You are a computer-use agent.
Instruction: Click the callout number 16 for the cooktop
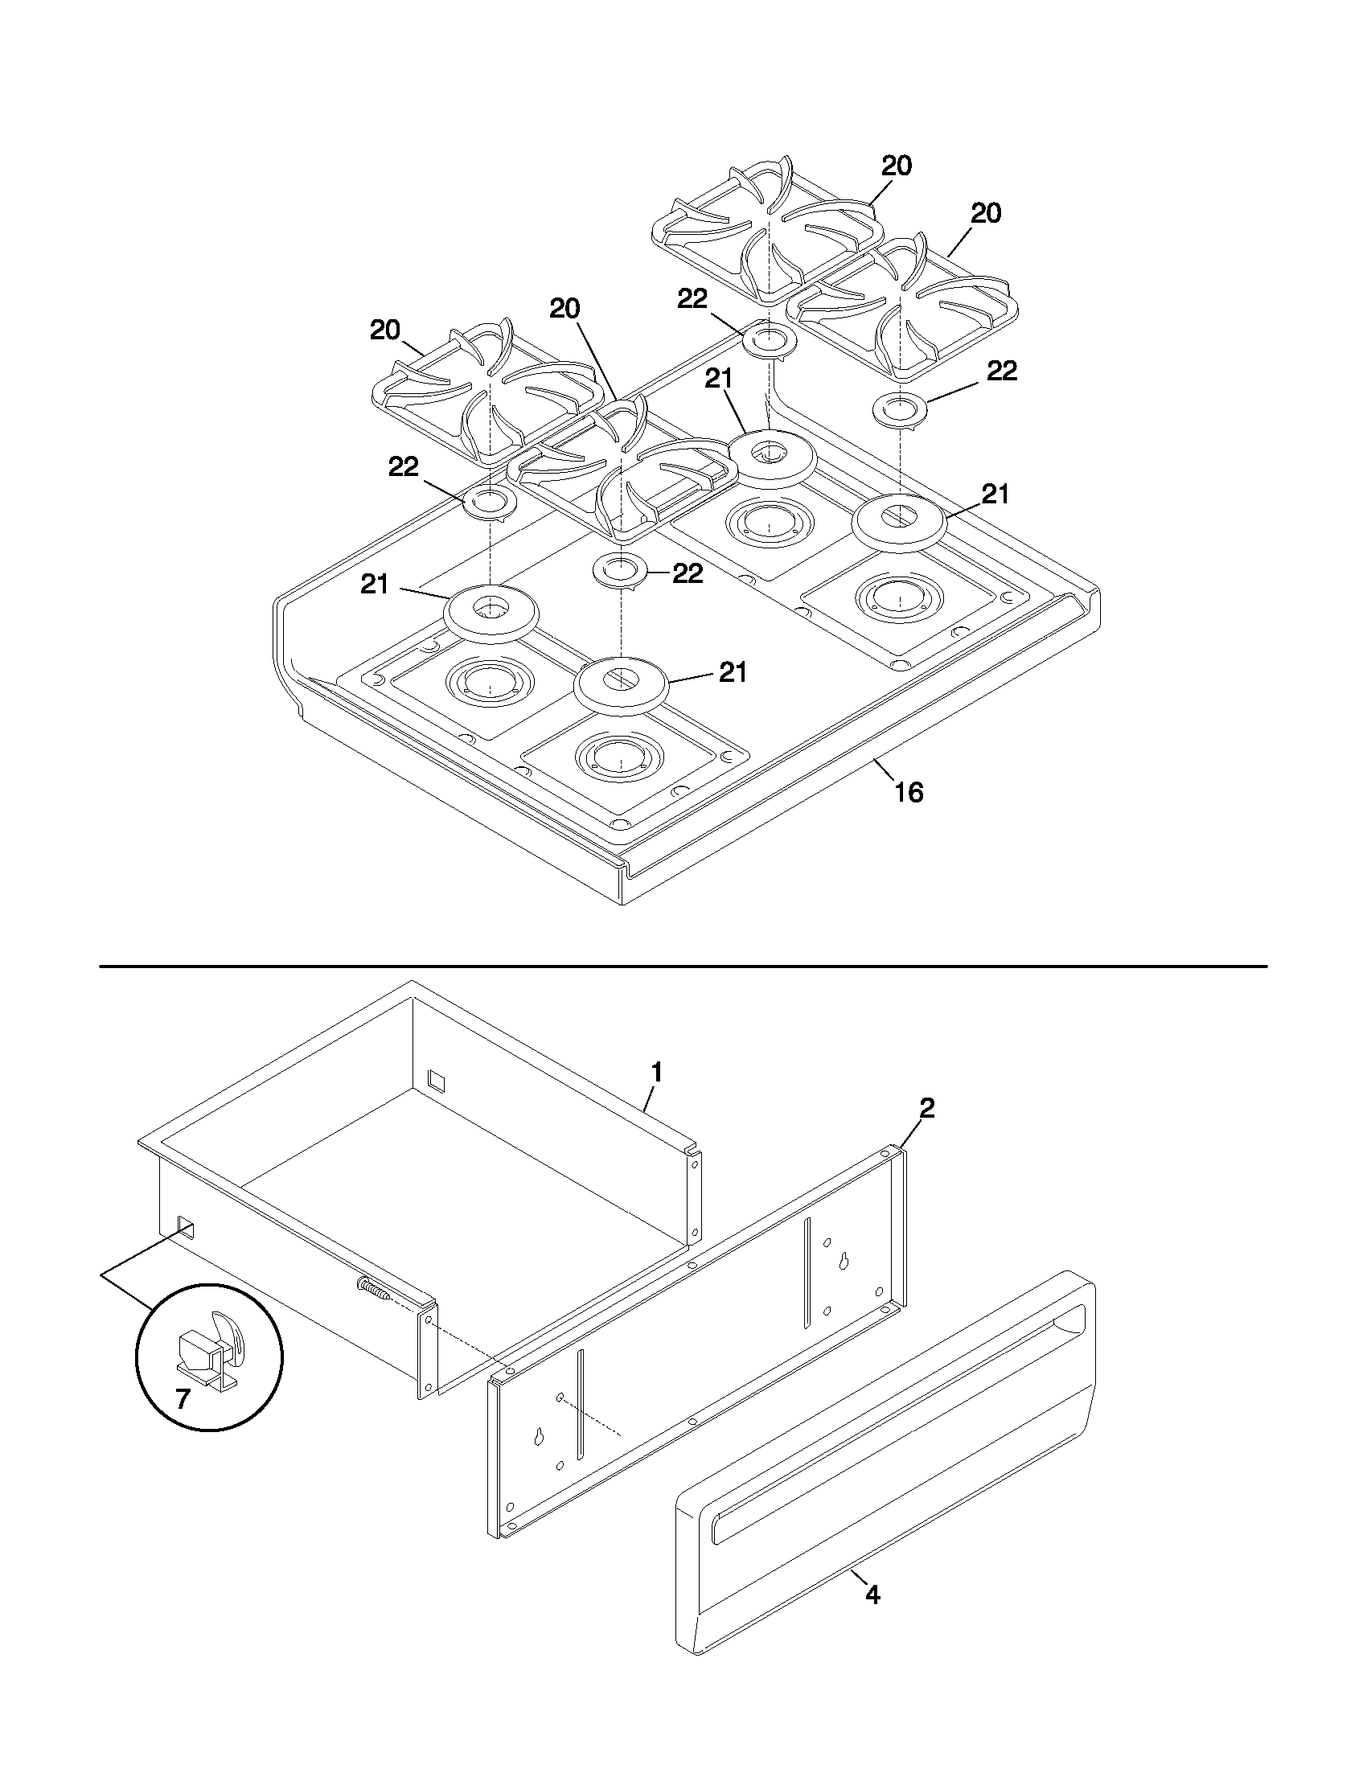pos(909,791)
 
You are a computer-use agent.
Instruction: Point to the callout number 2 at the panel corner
pos(927,1108)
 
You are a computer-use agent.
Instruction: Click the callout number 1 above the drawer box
pos(657,1073)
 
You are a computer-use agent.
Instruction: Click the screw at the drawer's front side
pos(373,1289)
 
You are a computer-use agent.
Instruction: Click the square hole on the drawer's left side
pos(185,1229)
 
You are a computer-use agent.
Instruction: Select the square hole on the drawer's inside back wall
pos(436,1078)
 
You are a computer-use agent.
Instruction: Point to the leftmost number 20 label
pos(385,330)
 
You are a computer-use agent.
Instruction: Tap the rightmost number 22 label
pos(1002,371)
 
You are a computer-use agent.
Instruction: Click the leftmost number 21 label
pos(375,584)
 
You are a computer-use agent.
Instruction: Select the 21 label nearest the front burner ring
pos(733,672)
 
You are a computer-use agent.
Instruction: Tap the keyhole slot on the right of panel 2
pos(844,1261)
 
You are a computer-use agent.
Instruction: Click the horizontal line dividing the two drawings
pos(683,967)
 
